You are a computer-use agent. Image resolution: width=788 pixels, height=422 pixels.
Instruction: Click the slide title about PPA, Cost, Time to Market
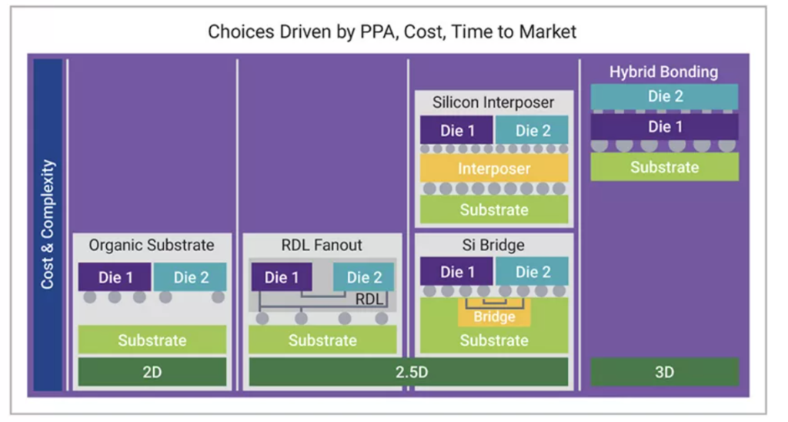pos(392,32)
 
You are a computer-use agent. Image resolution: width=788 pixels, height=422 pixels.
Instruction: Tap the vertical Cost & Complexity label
pos(48,224)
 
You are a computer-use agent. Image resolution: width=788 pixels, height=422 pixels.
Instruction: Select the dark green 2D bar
pos(152,372)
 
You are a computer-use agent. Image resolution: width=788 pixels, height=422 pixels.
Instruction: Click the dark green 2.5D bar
pos(408,372)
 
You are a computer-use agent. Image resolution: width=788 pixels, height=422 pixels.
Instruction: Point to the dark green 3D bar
pos(663,372)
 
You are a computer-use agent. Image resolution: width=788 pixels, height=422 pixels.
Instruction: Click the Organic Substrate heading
pos(152,246)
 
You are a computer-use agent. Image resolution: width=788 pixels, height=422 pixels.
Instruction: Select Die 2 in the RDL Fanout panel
pos(364,277)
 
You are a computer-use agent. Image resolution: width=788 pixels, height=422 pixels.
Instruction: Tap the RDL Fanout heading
pos(322,246)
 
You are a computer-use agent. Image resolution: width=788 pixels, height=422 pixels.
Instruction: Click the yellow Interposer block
pos(493,168)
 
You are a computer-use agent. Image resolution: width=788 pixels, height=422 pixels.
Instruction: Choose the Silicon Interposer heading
pos(493,102)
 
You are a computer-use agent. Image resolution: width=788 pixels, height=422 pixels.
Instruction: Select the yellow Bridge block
pos(493,316)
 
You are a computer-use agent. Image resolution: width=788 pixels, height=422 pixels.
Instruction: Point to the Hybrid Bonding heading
pos(663,72)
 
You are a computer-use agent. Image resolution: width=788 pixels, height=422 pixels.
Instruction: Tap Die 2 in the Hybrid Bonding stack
pos(663,97)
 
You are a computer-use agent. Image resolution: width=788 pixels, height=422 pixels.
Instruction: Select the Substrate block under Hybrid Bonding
pos(663,167)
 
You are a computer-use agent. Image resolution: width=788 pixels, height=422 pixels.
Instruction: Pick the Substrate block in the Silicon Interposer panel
pos(493,209)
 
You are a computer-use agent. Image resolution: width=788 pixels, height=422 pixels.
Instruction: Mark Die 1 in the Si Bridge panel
pos(456,272)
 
